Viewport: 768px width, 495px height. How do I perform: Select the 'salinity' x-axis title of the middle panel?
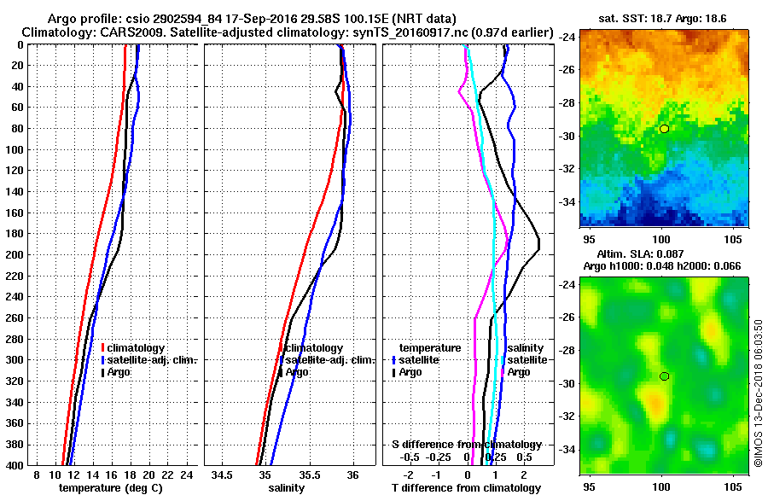(287, 487)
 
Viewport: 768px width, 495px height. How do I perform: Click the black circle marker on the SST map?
(664, 129)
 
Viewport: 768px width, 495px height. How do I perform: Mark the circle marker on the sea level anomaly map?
(664, 376)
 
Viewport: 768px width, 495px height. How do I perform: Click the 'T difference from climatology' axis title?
(466, 487)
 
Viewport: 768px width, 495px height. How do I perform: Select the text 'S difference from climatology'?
(466, 445)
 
